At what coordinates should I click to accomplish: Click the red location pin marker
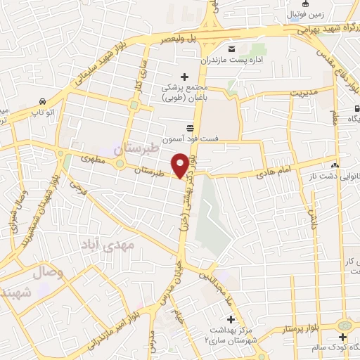tap(181, 165)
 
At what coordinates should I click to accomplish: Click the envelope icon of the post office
tap(233, 48)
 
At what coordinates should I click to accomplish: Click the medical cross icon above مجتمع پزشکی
tap(185, 77)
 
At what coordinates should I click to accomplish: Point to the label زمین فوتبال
tap(307, 13)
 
